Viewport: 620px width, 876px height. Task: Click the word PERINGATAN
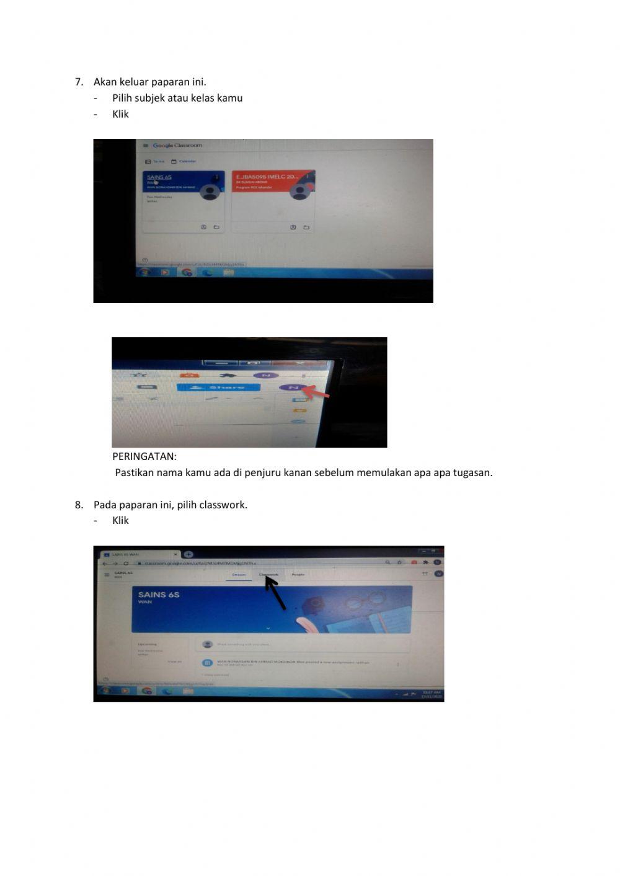click(144, 456)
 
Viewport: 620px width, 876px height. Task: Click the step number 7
click(79, 82)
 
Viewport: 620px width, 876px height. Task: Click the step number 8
click(79, 505)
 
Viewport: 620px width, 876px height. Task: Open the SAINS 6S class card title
click(159, 177)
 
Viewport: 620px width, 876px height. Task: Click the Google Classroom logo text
click(177, 146)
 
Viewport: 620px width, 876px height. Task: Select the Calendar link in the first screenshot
click(187, 161)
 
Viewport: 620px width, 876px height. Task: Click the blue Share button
click(218, 387)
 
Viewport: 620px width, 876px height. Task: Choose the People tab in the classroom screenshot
click(298, 575)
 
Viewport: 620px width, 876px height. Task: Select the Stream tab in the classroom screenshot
click(239, 575)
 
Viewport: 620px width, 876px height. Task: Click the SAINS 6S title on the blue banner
click(159, 595)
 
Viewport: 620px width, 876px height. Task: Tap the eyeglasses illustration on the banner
click(352, 602)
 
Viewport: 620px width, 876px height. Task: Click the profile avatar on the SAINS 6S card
click(211, 193)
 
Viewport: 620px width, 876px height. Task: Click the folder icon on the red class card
click(306, 228)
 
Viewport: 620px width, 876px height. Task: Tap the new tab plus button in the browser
click(188, 554)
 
